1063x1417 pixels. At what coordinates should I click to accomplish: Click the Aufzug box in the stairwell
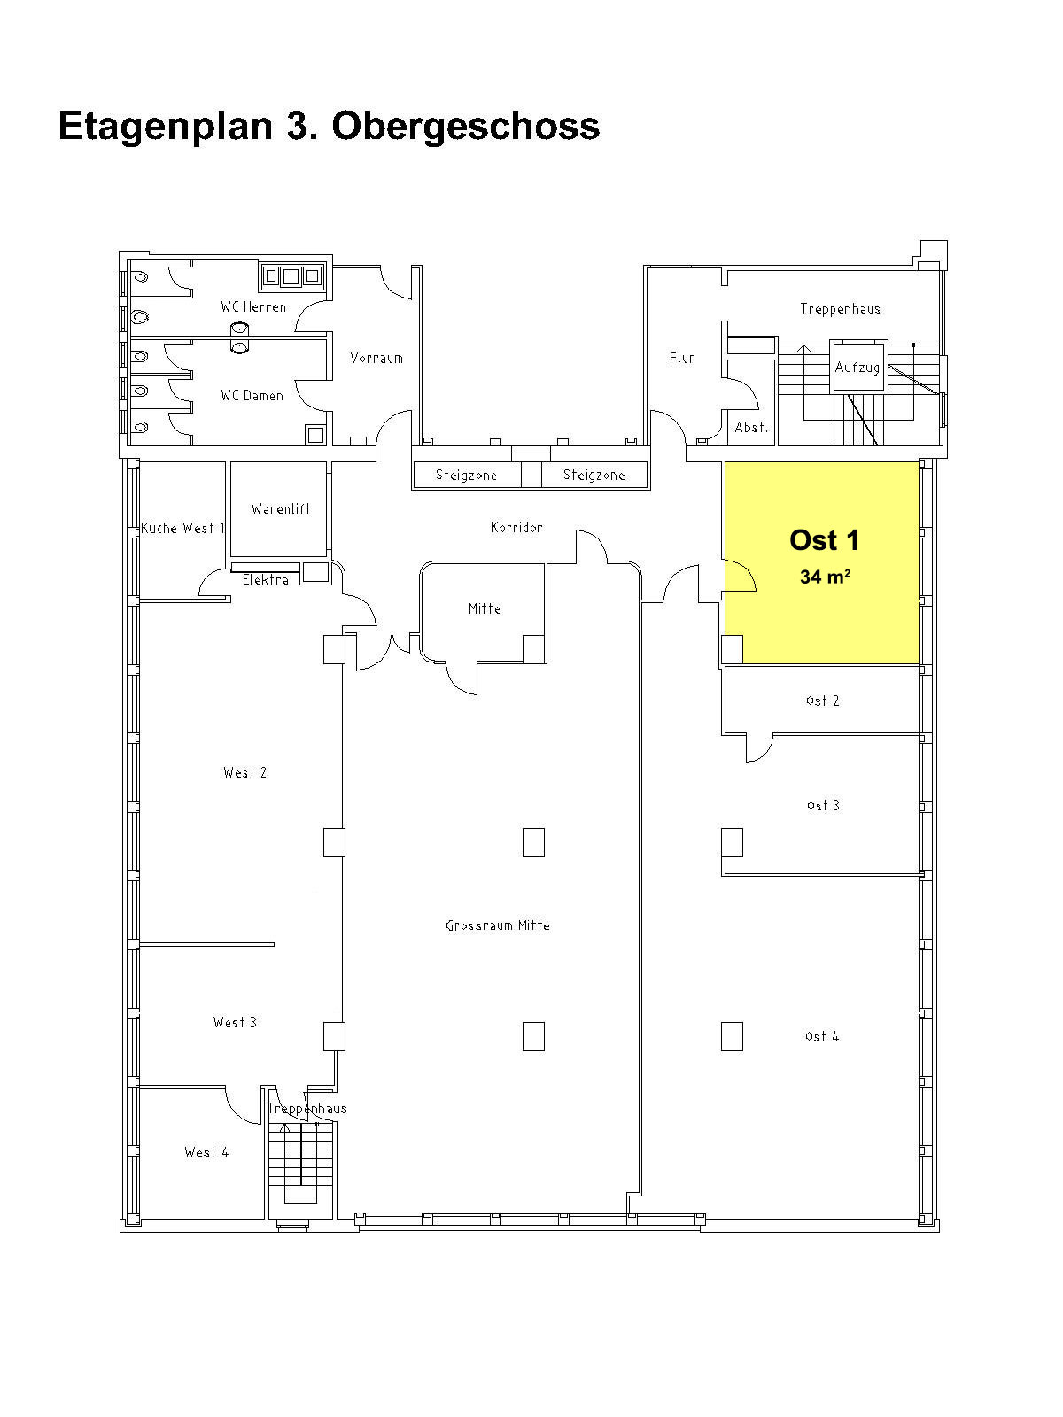pyautogui.click(x=857, y=366)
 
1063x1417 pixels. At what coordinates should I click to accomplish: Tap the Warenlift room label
pyautogui.click(x=281, y=508)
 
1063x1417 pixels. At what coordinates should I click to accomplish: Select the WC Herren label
pyautogui.click(x=253, y=307)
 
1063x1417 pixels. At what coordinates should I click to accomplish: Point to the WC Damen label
pyautogui.click(x=252, y=396)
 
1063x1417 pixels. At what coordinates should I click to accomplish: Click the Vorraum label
pyautogui.click(x=376, y=358)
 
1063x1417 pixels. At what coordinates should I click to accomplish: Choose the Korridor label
pyautogui.click(x=516, y=528)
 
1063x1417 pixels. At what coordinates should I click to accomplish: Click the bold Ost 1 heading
pyautogui.click(x=824, y=540)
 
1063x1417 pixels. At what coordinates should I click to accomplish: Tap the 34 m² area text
pyautogui.click(x=825, y=576)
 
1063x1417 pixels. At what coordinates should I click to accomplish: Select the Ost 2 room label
pyautogui.click(x=822, y=701)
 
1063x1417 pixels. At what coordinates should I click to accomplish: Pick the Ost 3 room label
pyautogui.click(x=823, y=805)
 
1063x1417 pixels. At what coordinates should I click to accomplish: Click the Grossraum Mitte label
pyautogui.click(x=498, y=925)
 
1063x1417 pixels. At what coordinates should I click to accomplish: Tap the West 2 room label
pyautogui.click(x=244, y=773)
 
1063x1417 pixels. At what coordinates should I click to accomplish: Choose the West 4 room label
pyautogui.click(x=206, y=1152)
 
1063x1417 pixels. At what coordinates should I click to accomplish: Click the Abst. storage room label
pyautogui.click(x=751, y=428)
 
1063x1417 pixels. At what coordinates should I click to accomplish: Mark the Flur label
pyautogui.click(x=682, y=358)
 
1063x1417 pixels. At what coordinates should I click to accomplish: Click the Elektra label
pyautogui.click(x=265, y=580)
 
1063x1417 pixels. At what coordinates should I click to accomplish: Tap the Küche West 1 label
pyautogui.click(x=182, y=528)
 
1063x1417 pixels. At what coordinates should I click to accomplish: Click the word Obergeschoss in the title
pyautogui.click(x=466, y=128)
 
